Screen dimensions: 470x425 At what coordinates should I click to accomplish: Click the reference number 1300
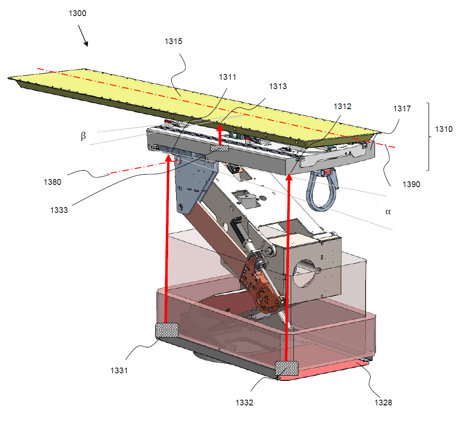coord(77,13)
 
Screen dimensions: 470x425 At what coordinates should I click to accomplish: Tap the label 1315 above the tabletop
coord(173,41)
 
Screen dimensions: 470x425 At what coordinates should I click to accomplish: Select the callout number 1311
coord(227,77)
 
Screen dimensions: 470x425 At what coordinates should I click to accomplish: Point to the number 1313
coord(278,86)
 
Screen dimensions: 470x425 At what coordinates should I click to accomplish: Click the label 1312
coord(342,106)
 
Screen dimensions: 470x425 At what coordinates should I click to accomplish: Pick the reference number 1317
coord(402,108)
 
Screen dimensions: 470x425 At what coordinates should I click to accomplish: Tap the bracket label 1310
coord(444,129)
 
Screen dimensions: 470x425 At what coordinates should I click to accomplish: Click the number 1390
coord(411,184)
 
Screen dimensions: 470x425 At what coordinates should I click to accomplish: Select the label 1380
coord(53,182)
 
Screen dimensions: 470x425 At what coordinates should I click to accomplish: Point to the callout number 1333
coord(59,210)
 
